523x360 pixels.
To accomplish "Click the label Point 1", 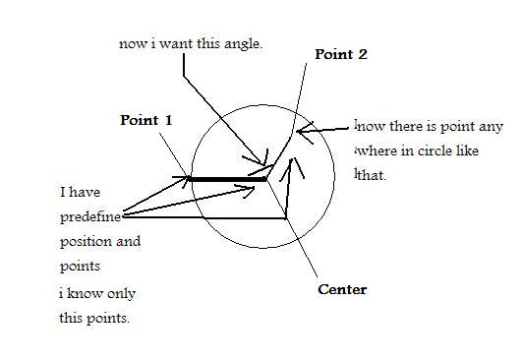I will pos(145,120).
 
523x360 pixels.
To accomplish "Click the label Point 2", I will pos(340,55).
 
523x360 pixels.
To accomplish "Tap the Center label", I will pos(342,289).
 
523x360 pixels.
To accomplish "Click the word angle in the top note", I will pos(243,44).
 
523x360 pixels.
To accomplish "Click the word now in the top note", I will pos(130,44).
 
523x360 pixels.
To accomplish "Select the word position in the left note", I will pos(85,241).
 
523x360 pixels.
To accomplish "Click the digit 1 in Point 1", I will pos(168,120).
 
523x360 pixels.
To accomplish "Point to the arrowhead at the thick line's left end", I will pos(187,179).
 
